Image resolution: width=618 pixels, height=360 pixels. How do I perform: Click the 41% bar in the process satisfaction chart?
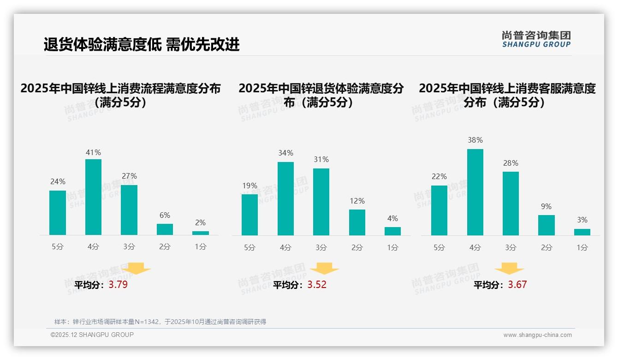pyautogui.click(x=94, y=197)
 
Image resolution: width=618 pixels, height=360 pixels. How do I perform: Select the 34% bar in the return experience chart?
pyautogui.click(x=285, y=198)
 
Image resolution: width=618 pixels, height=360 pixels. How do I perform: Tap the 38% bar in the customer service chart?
pyautogui.click(x=475, y=192)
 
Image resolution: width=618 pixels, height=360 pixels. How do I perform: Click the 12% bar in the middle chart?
pyautogui.click(x=357, y=222)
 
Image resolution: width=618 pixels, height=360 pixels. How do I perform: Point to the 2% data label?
pyautogui.click(x=200, y=222)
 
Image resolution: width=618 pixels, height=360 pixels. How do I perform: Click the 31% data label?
pyautogui.click(x=321, y=160)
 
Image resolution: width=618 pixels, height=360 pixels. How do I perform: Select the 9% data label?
pyautogui.click(x=546, y=207)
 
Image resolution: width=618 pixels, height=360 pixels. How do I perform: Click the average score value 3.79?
pyautogui.click(x=118, y=285)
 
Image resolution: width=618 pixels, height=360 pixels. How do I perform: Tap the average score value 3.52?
pyautogui.click(x=317, y=285)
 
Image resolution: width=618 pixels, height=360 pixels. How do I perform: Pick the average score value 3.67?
pyautogui.click(x=517, y=285)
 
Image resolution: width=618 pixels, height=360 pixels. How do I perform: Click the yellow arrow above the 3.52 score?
pyautogui.click(x=324, y=268)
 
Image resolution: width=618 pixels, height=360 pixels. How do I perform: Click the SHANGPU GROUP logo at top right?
pyautogui.click(x=536, y=39)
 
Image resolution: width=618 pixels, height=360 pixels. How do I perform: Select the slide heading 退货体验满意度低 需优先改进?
pyautogui.click(x=142, y=45)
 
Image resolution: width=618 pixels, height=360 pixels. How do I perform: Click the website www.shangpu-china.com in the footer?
pyautogui.click(x=537, y=335)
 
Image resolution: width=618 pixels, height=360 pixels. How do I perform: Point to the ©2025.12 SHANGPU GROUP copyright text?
pyautogui.click(x=92, y=335)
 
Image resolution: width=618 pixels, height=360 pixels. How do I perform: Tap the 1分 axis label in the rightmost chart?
pyautogui.click(x=582, y=248)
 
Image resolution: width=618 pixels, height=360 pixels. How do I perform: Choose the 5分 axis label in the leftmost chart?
pyautogui.click(x=58, y=247)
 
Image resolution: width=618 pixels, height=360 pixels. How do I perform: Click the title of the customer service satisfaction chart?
pyautogui.click(x=507, y=95)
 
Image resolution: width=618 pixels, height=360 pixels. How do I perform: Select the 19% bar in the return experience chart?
pyautogui.click(x=250, y=215)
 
